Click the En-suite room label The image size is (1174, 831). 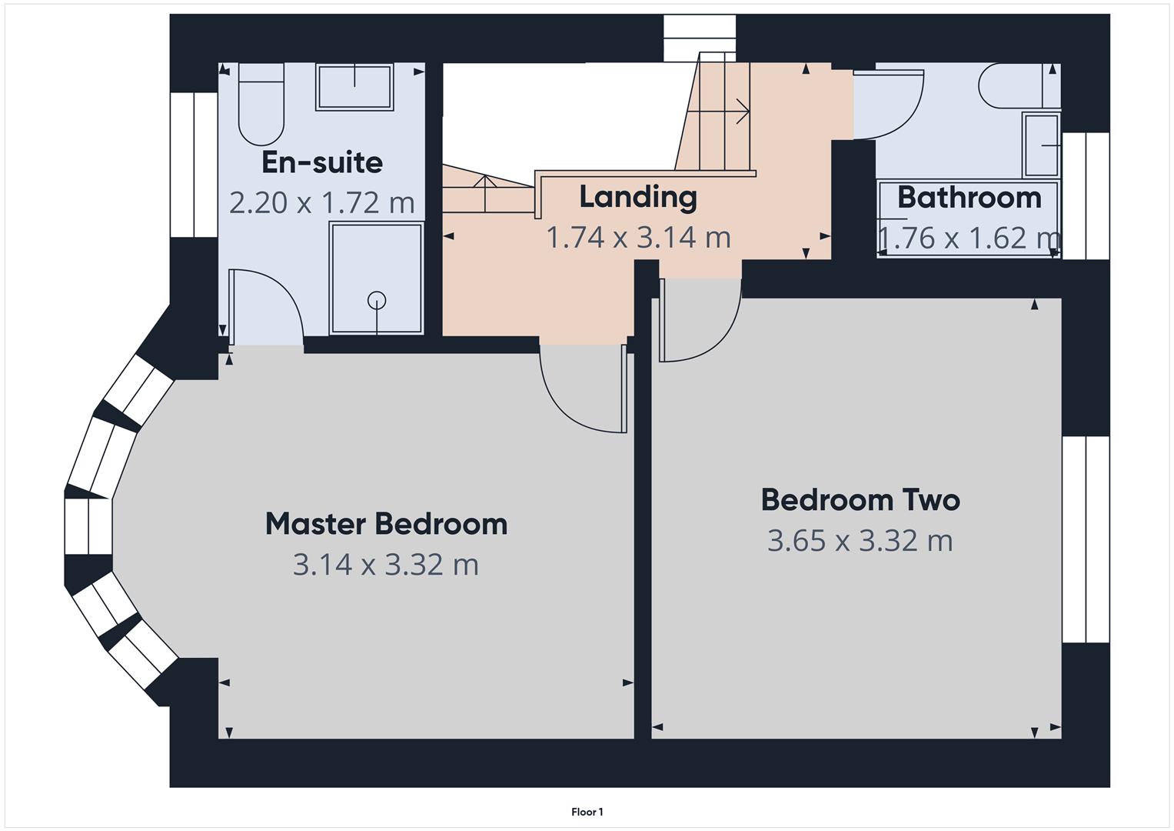[321, 162]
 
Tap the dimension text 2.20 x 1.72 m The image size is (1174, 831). [321, 203]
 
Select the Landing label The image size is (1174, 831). [637, 197]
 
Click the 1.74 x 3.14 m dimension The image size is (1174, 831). [637, 237]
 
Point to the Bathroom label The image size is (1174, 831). [969, 198]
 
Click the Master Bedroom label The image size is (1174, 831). [386, 524]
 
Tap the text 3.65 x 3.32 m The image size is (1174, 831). [860, 541]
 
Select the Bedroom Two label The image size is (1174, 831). [860, 500]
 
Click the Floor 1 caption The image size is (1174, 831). [587, 812]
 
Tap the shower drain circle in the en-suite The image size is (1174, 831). [377, 300]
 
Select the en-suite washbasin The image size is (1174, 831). [354, 86]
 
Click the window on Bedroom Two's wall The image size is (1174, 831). [1086, 539]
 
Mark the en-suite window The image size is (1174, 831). [193, 165]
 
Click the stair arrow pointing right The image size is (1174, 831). [742, 112]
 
